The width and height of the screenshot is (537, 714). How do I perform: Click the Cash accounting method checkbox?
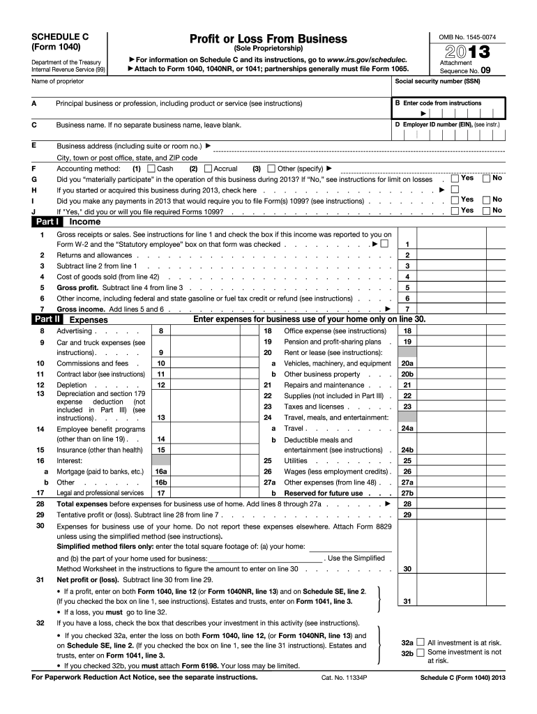point(153,169)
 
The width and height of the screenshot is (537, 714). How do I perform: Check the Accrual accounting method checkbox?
point(209,169)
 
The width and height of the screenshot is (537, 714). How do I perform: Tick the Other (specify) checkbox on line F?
point(272,169)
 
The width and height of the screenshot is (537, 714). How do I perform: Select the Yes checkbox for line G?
point(455,179)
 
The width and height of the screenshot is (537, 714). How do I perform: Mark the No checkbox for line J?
point(487,210)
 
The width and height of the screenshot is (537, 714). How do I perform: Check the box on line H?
point(455,190)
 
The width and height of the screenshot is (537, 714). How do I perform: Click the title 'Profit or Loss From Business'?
point(268,38)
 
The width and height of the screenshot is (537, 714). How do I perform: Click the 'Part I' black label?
point(48,222)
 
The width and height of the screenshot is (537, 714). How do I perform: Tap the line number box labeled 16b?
point(160,482)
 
